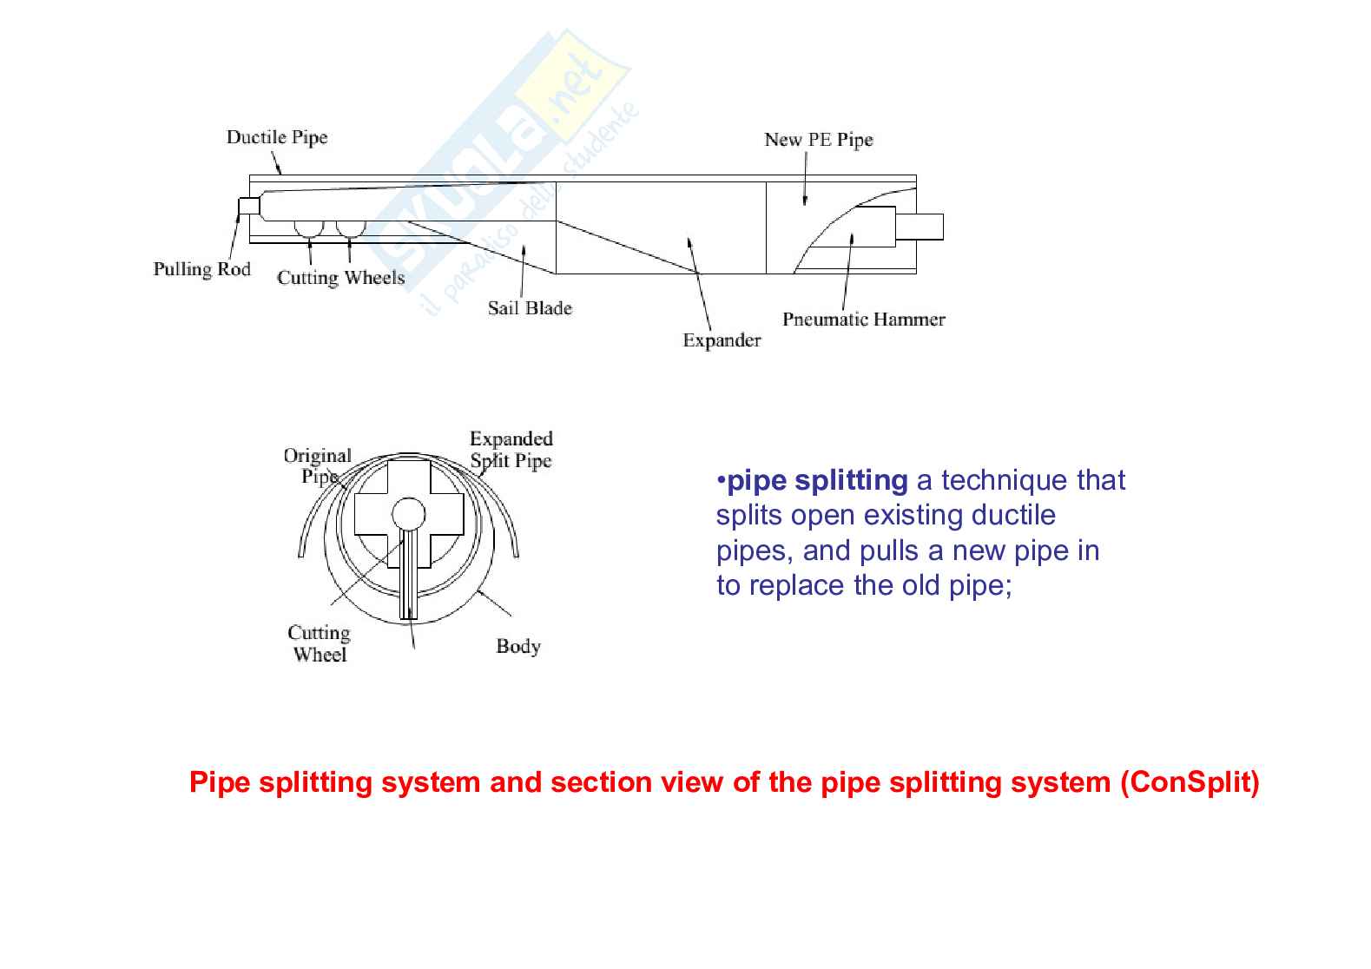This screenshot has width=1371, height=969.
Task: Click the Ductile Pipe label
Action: pyautogui.click(x=277, y=137)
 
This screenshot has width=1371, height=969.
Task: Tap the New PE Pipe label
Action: pyautogui.click(x=818, y=140)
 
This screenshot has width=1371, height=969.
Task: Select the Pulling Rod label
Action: pyautogui.click(x=202, y=269)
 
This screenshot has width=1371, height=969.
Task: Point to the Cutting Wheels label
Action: pyautogui.click(x=341, y=278)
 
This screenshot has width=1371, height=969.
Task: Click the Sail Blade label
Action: pyautogui.click(x=530, y=308)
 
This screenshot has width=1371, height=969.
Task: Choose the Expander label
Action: pyautogui.click(x=722, y=340)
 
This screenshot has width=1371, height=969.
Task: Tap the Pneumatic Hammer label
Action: pyautogui.click(x=864, y=319)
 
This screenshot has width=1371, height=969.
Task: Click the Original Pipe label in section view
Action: pyautogui.click(x=318, y=465)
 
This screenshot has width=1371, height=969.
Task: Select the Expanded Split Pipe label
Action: pyautogui.click(x=511, y=450)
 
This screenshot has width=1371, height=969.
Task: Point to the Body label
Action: pyautogui.click(x=518, y=646)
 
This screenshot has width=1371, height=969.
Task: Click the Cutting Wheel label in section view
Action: pyautogui.click(x=319, y=643)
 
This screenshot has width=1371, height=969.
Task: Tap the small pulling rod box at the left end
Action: pyautogui.click(x=249, y=206)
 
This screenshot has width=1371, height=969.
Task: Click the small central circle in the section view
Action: pyautogui.click(x=408, y=513)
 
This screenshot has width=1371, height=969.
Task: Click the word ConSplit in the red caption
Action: pyautogui.click(x=1190, y=782)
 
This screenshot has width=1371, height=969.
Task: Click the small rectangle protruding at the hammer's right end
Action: pyautogui.click(x=919, y=227)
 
